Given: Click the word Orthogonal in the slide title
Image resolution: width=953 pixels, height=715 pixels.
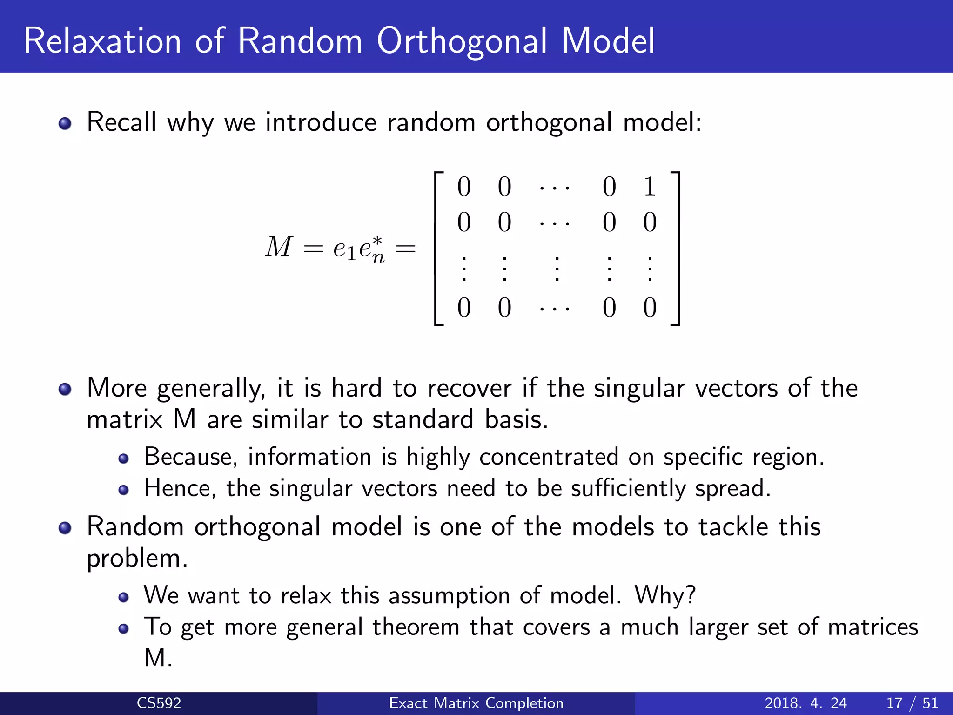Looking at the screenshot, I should [462, 42].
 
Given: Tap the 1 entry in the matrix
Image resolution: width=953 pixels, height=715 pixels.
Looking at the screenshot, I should [650, 187].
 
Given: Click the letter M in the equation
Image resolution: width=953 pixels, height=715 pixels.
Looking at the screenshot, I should [279, 247].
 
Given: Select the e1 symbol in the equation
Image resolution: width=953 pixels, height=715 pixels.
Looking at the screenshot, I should [344, 249].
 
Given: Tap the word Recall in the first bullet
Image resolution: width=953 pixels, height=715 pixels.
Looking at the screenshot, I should [121, 122].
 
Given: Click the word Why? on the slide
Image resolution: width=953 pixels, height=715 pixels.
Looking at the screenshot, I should [665, 595].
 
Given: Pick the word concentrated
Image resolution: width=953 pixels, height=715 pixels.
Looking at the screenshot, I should [549, 457].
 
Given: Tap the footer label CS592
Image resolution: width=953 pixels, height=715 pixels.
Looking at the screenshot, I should [159, 703].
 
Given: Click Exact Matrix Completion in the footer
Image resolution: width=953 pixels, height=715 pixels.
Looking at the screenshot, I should [476, 703].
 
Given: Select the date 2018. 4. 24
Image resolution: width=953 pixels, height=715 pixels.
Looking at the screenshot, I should [805, 703].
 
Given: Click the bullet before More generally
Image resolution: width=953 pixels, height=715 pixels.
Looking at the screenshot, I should [65, 389].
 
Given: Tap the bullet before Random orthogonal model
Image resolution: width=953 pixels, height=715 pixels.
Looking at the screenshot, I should [65, 527].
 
